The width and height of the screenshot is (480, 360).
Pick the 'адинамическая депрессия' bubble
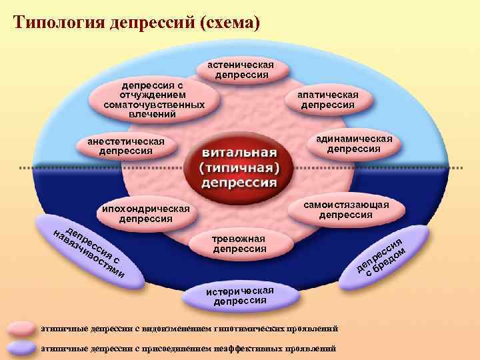tap(354, 143)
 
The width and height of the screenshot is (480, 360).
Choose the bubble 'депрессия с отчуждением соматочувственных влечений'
tap(149, 100)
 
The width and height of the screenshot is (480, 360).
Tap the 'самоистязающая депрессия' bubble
tap(347, 209)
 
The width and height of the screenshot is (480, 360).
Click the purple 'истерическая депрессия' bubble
tap(239, 295)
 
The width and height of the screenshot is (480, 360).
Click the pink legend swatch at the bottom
tap(22, 329)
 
